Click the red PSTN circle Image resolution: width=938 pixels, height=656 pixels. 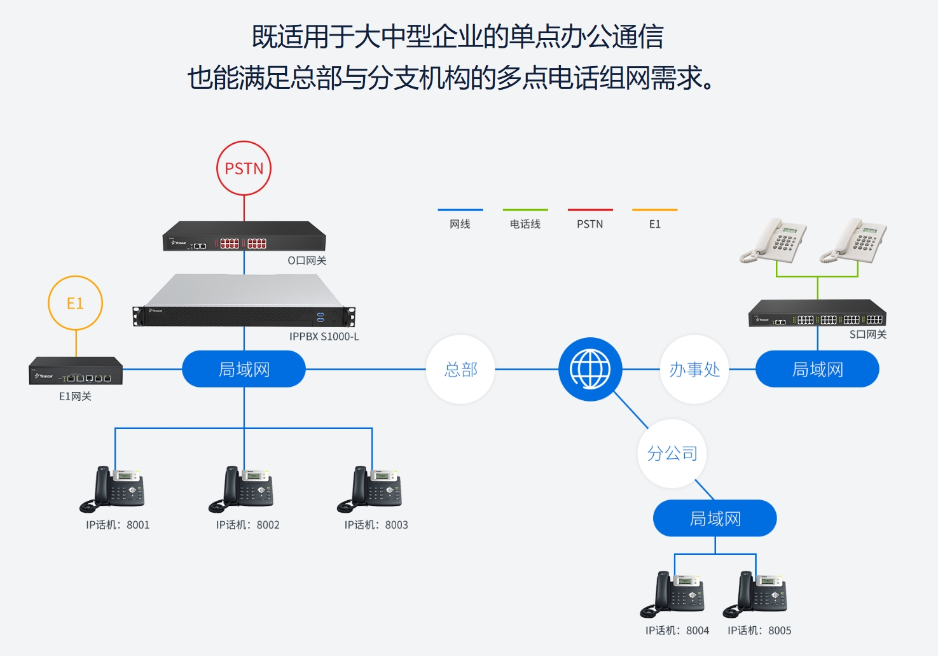click(x=244, y=168)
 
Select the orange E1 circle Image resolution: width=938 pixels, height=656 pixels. click(x=75, y=303)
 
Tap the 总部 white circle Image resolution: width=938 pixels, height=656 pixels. click(x=460, y=369)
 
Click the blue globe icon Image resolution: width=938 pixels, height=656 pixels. click(x=590, y=369)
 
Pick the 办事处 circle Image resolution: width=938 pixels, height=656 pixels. click(x=694, y=369)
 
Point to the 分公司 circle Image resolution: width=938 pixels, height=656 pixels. click(x=672, y=453)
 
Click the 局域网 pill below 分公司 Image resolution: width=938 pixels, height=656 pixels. click(x=715, y=519)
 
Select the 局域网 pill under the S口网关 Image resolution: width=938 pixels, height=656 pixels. click(x=817, y=369)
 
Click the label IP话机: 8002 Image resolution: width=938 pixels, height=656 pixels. click(x=247, y=525)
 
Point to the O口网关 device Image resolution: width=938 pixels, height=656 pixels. click(x=244, y=236)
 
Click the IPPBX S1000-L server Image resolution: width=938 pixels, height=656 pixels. click(x=244, y=302)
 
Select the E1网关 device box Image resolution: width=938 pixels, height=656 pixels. click(x=76, y=371)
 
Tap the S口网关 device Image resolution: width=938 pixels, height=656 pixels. click(x=817, y=314)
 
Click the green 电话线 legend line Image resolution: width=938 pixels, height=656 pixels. click(x=525, y=209)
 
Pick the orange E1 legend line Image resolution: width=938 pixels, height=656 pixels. click(x=654, y=209)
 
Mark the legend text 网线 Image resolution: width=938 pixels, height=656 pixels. click(x=460, y=224)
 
